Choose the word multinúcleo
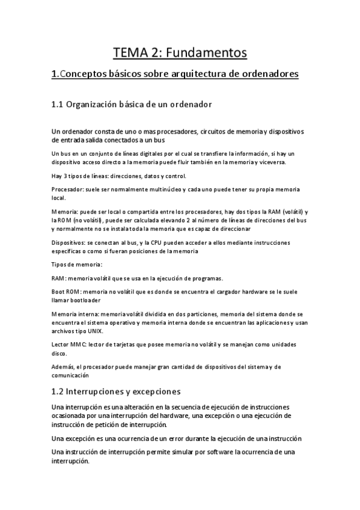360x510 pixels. point(164,189)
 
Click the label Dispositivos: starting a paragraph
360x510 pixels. point(72,242)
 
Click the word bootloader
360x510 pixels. point(84,300)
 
